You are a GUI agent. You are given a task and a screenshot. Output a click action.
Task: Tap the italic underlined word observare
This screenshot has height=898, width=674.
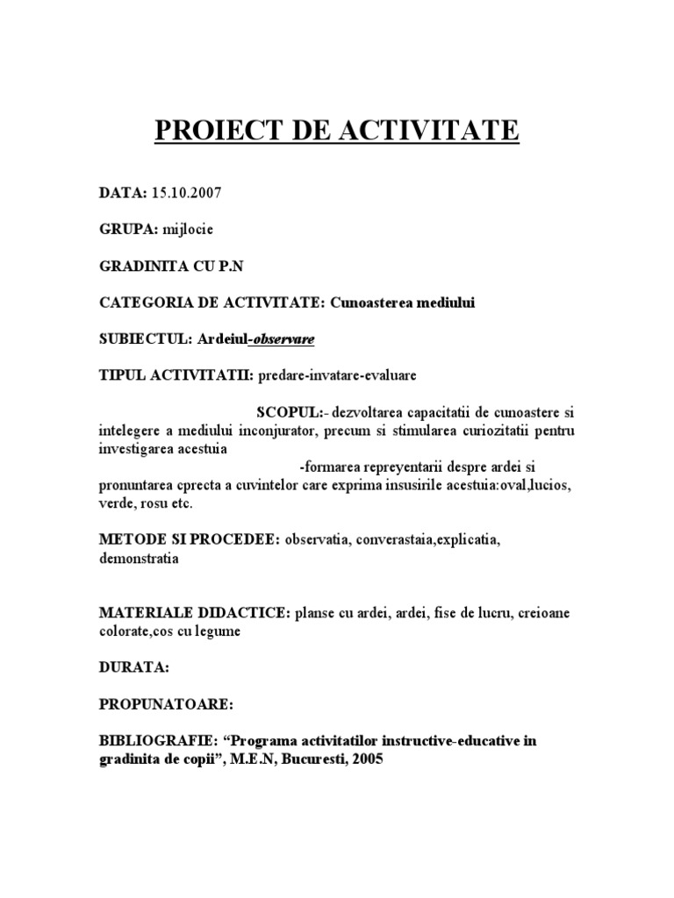(x=283, y=339)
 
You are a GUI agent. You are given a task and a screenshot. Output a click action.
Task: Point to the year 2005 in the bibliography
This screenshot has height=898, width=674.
(x=366, y=760)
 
